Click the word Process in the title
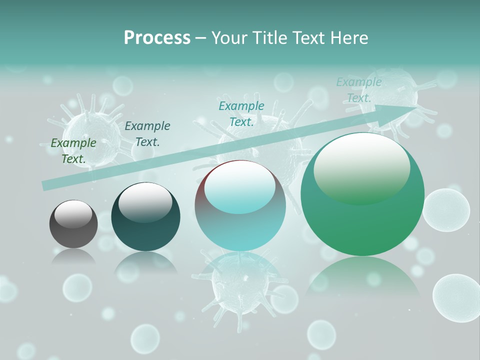tap(157, 38)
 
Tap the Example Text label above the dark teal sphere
tap(147, 134)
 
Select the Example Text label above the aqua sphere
tap(241, 114)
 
